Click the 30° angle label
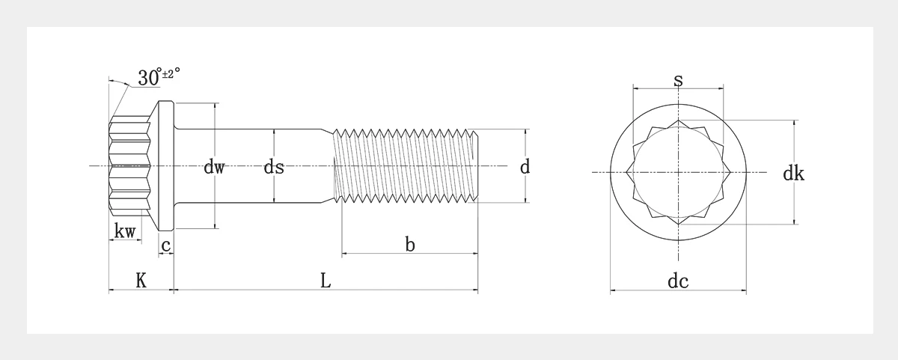pos(149,77)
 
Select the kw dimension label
pos(125,231)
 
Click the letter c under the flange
pos(165,245)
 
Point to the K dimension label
pos(141,281)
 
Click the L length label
pos(326,281)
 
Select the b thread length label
pos(410,244)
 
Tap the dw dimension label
pos(215,166)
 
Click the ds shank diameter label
pos(274,166)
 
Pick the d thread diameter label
pos(525,166)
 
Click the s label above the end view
pos(678,80)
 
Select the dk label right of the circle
pos(794,173)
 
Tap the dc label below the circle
pos(678,281)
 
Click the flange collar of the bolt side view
pos(166,165)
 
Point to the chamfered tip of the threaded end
pos(474,165)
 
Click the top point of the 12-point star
pos(678,120)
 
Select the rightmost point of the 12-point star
pos(730,172)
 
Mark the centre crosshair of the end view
pos(678,172)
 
